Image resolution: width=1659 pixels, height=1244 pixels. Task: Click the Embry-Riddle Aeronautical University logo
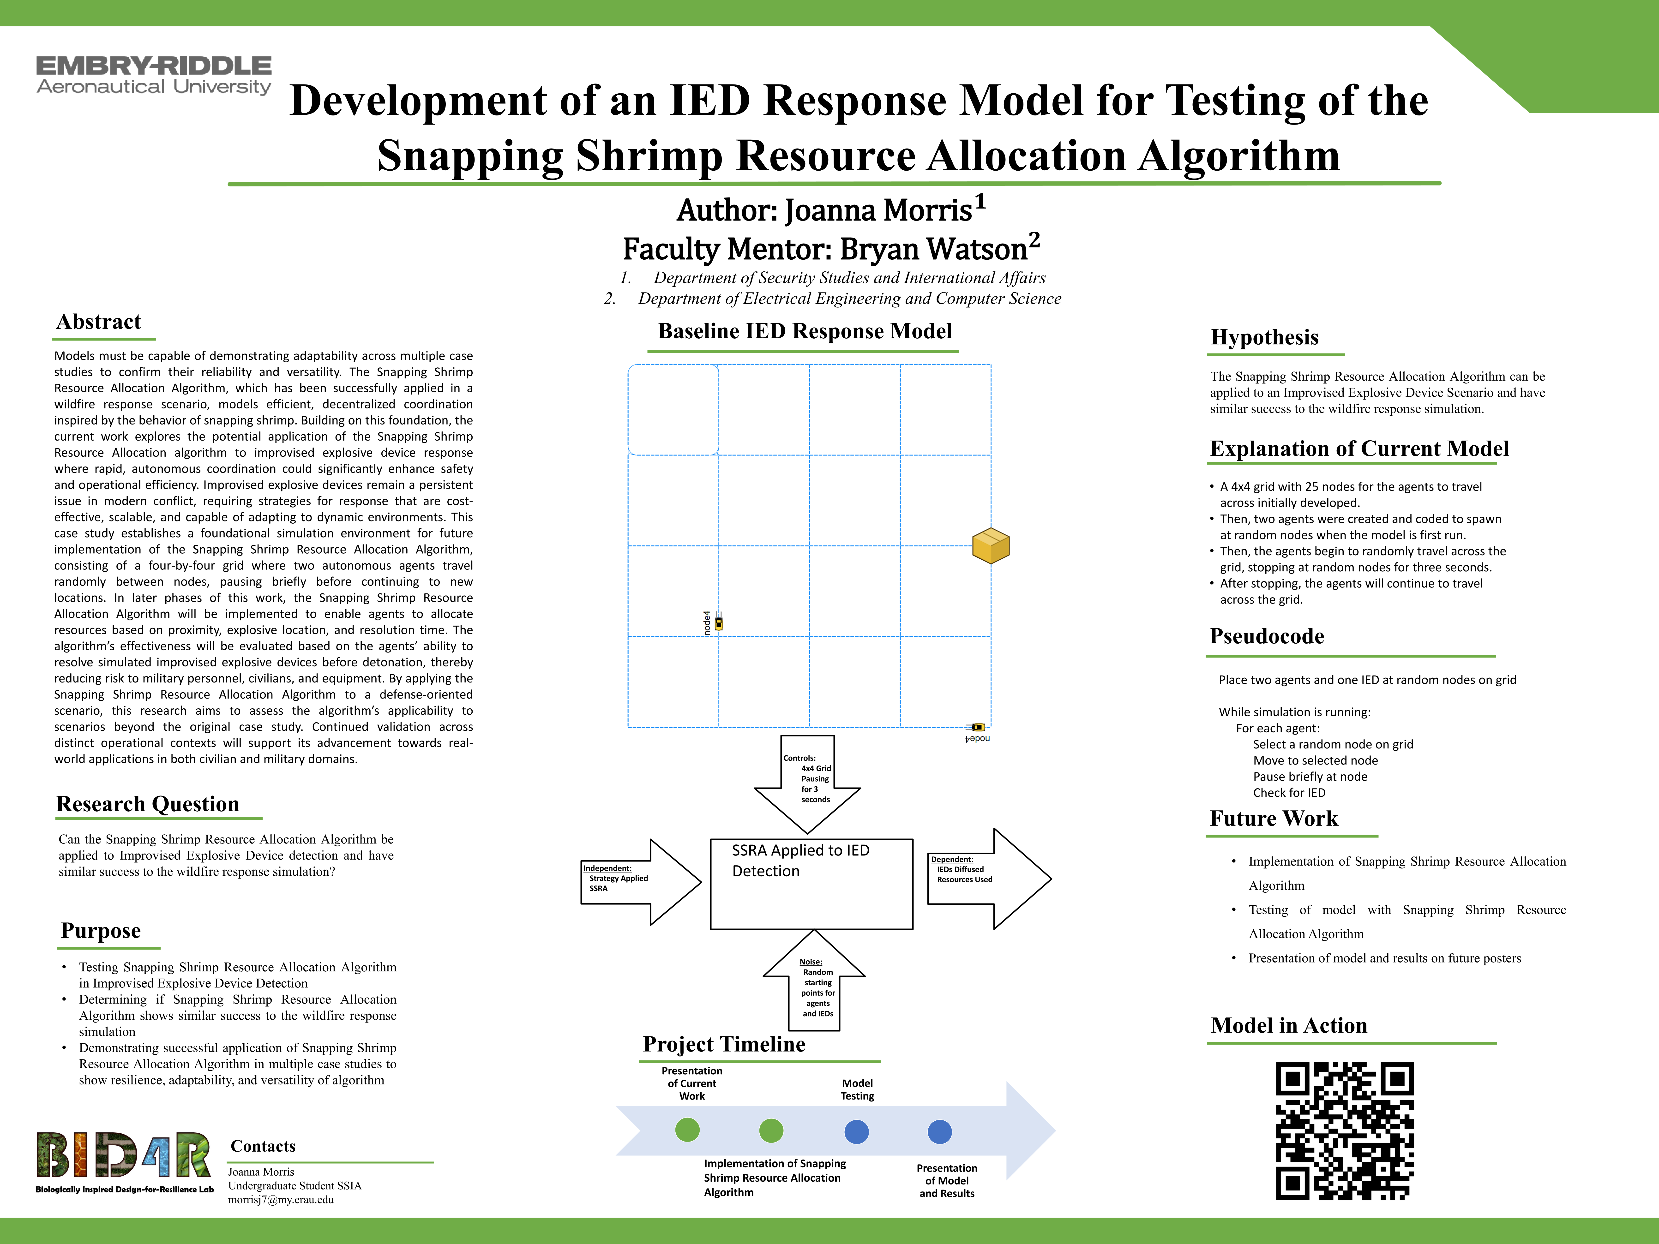[154, 76]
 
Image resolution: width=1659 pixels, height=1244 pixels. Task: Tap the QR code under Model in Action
[1345, 1131]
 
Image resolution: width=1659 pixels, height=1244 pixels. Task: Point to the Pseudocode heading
[1267, 637]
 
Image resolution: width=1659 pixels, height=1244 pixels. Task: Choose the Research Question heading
[148, 804]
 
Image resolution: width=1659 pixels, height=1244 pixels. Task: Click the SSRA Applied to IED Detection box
[811, 884]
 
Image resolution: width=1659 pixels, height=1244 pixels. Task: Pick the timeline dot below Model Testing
[856, 1131]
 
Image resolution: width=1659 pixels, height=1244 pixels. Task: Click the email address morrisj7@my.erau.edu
[281, 1200]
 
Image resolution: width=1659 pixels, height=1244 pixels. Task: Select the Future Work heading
[1274, 819]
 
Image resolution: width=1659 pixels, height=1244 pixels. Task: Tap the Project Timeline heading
[724, 1045]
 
